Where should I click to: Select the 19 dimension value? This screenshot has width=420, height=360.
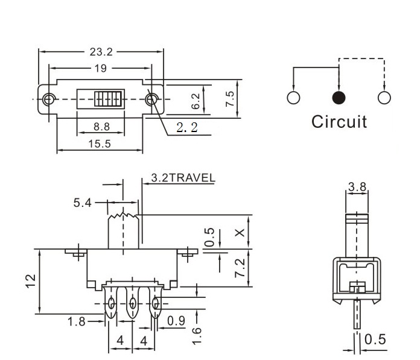point(100,68)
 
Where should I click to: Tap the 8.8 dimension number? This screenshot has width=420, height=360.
point(101,127)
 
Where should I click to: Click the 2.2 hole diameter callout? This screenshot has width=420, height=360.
point(186,127)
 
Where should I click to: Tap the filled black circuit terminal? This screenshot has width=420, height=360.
point(339,98)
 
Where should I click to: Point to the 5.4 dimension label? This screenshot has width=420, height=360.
point(83,203)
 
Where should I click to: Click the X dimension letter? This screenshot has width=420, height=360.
point(240,232)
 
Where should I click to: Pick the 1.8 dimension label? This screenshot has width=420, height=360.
point(76,321)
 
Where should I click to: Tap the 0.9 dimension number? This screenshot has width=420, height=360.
point(176,321)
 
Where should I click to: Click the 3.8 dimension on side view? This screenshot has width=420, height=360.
point(357,187)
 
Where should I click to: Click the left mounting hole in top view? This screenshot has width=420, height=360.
point(48,98)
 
